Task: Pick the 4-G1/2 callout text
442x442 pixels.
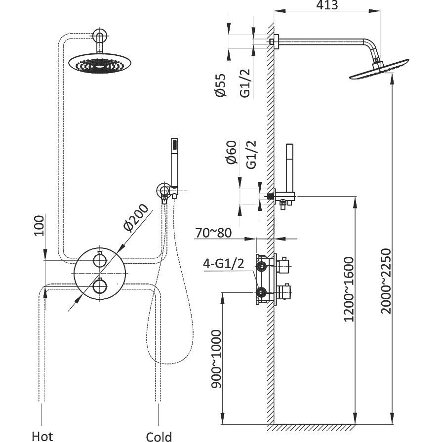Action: (x=224, y=264)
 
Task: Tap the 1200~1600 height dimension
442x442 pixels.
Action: (x=349, y=289)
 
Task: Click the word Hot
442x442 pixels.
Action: (x=42, y=436)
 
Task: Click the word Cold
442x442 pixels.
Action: (x=159, y=436)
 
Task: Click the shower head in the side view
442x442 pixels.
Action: (x=379, y=70)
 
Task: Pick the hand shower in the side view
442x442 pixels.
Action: (x=289, y=168)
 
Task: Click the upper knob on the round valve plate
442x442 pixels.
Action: (x=100, y=259)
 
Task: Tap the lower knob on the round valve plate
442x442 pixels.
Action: (x=100, y=287)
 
